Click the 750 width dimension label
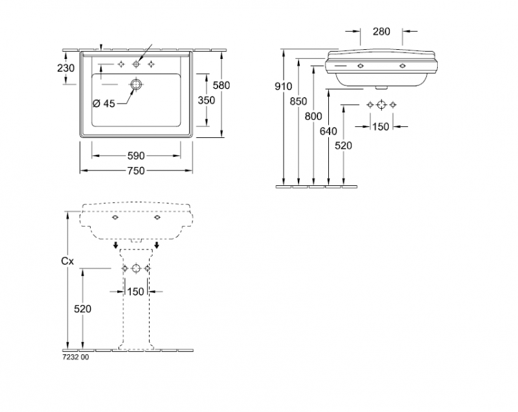pyautogui.click(x=136, y=170)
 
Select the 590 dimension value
pyautogui.click(x=136, y=155)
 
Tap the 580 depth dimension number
pyautogui.click(x=221, y=86)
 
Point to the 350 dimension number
pyautogui.click(x=206, y=100)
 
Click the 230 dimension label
pyautogui.click(x=66, y=68)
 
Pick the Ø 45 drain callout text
pyautogui.click(x=104, y=104)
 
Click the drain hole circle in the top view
pyautogui.click(x=136, y=85)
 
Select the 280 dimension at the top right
pyautogui.click(x=381, y=31)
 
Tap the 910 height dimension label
pyautogui.click(x=283, y=86)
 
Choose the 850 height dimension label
pyautogui.click(x=298, y=101)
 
